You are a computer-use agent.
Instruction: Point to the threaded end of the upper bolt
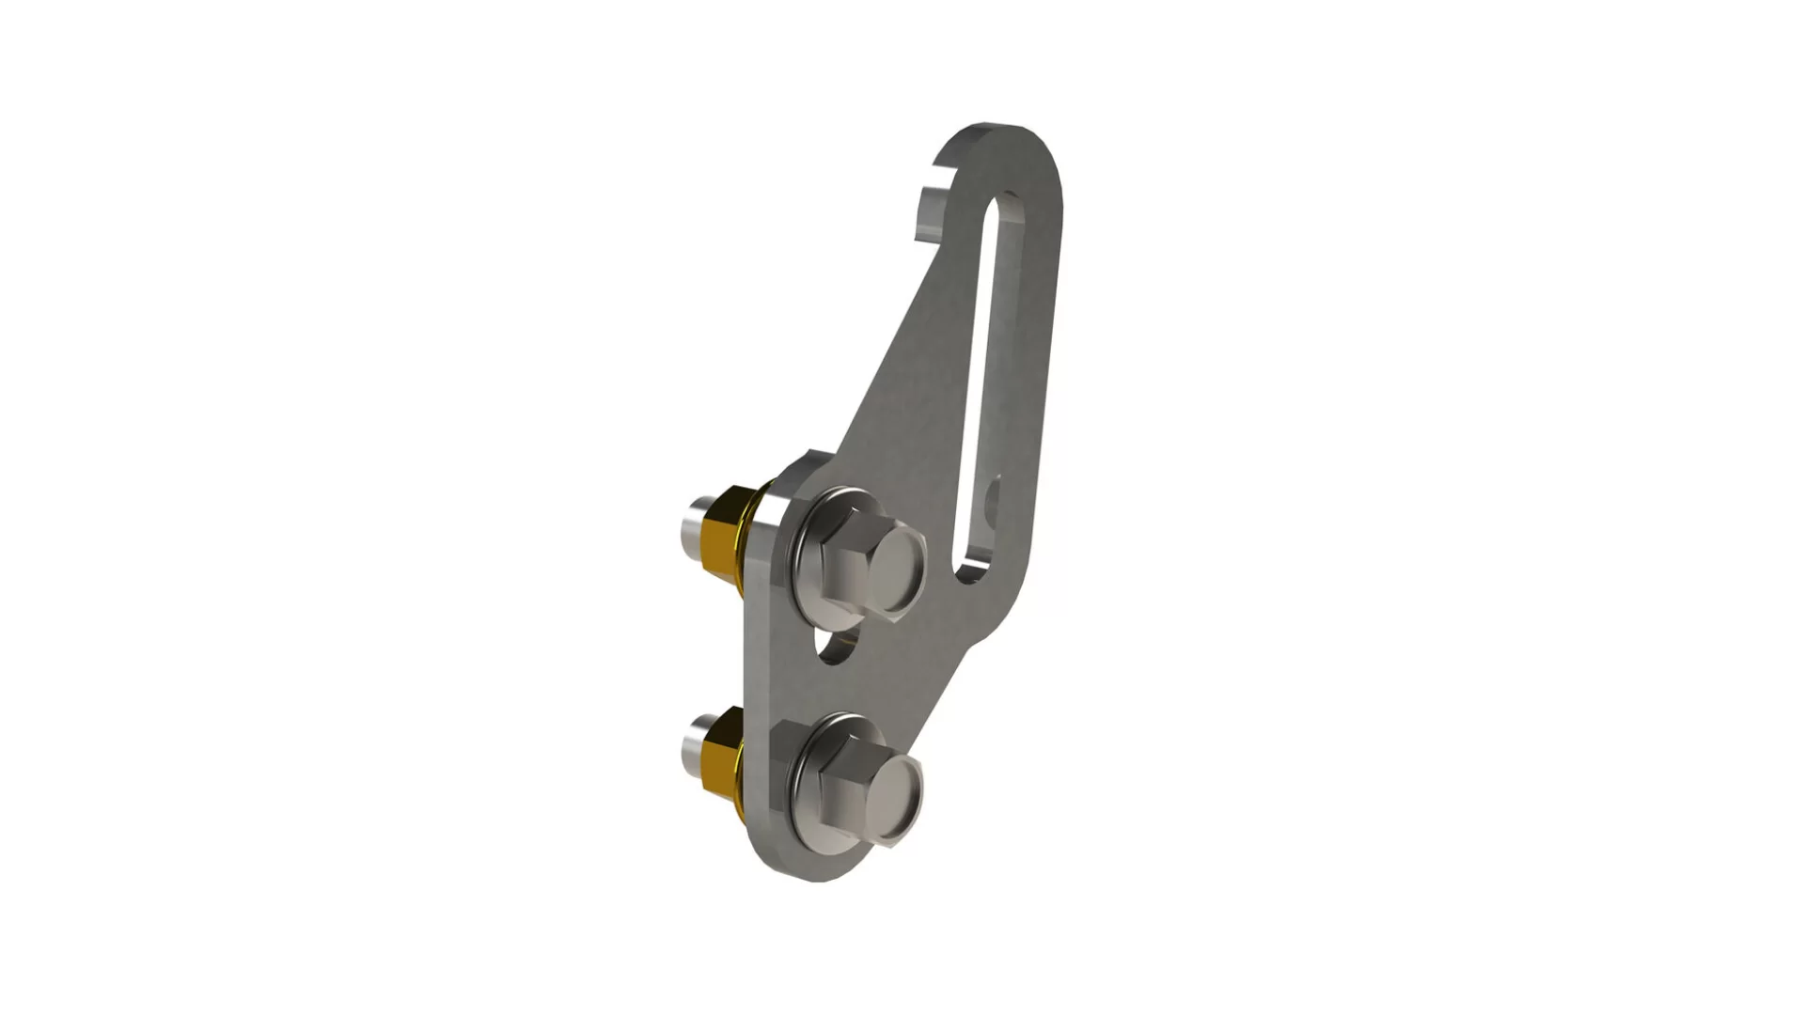point(697,526)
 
